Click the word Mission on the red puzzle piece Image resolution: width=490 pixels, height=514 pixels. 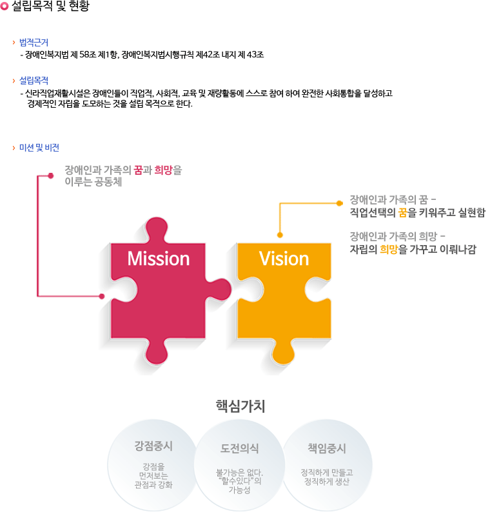pyautogui.click(x=159, y=259)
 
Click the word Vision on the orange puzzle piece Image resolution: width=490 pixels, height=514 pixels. pyautogui.click(x=284, y=259)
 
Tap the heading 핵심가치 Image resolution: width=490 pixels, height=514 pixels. pyautogui.click(x=240, y=406)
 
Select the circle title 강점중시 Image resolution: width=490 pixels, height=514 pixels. pyautogui.click(x=153, y=446)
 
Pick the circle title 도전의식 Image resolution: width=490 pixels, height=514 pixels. pyautogui.click(x=240, y=448)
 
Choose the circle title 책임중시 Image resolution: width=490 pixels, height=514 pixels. pyautogui.click(x=327, y=448)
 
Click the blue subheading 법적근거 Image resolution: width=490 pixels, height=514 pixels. pyautogui.click(x=34, y=43)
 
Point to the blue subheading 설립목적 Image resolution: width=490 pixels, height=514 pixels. pyautogui.click(x=34, y=81)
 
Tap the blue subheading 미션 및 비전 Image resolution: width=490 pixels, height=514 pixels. pyautogui.click(x=39, y=148)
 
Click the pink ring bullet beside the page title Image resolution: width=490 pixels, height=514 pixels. pyautogui.click(x=5, y=6)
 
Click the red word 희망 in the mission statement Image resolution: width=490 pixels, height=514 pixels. pyautogui.click(x=163, y=170)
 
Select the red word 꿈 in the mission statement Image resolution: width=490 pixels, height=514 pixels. pyautogui.click(x=139, y=170)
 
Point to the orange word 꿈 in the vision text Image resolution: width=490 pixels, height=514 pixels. pyautogui.click(x=402, y=212)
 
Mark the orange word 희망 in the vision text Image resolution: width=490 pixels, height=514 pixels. pyautogui.click(x=389, y=249)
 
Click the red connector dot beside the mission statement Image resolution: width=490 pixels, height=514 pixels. pyautogui.click(x=50, y=175)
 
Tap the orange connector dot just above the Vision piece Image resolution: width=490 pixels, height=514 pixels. pyautogui.click(x=280, y=235)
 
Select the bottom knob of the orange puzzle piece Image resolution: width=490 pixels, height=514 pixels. pyautogui.click(x=283, y=352)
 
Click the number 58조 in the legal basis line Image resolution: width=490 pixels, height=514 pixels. pyautogui.click(x=88, y=54)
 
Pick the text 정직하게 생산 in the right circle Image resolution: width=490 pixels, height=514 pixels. pyautogui.click(x=327, y=482)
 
